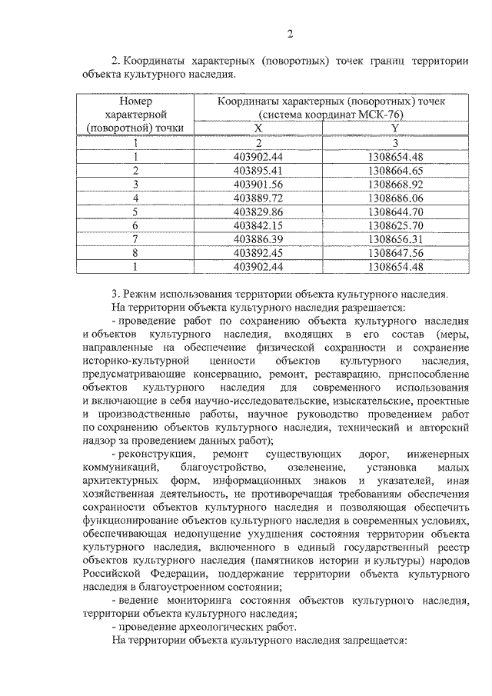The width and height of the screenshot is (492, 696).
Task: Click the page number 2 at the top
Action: [x=290, y=33]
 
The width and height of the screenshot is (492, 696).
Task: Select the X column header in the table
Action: [x=258, y=128]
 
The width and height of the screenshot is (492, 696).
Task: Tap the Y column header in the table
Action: [x=395, y=128]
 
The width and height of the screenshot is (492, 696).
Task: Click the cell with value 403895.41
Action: [x=258, y=170]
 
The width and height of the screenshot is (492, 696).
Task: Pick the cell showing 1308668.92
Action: [x=395, y=184]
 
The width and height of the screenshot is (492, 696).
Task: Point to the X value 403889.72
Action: [x=258, y=198]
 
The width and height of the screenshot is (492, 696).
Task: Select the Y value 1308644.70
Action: [x=395, y=211]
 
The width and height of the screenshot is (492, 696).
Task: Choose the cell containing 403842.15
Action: [x=258, y=225]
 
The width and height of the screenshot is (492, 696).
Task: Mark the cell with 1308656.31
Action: [x=395, y=239]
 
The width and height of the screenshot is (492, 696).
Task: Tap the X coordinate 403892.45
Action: [x=258, y=253]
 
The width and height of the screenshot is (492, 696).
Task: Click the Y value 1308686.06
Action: [x=395, y=198]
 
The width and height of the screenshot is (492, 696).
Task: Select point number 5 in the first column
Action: [x=135, y=211]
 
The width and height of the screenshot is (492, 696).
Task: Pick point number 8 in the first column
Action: [x=135, y=253]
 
